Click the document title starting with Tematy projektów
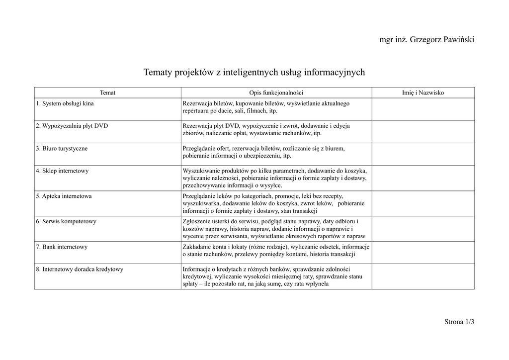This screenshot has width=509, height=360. [x=254, y=73]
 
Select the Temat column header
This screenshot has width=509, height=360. [x=107, y=93]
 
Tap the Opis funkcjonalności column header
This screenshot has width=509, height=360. [x=276, y=93]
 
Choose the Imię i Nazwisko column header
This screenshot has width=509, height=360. [x=423, y=93]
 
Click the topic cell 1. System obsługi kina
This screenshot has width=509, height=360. [x=65, y=104]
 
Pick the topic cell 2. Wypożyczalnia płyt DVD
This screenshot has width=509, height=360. [x=72, y=126]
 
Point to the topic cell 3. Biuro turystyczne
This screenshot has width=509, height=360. [x=62, y=149]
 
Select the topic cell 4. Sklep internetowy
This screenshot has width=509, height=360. [x=62, y=171]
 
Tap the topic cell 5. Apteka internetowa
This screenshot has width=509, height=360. [x=64, y=196]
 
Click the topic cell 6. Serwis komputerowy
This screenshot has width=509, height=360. [x=66, y=221]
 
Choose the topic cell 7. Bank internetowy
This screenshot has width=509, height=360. [x=62, y=247]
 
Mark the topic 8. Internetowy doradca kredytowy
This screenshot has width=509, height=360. [x=80, y=270]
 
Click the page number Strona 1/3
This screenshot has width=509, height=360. [x=459, y=322]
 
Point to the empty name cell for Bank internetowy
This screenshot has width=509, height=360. [x=423, y=253]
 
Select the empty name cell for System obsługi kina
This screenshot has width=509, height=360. [x=423, y=109]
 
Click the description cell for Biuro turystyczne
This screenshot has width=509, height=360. [x=276, y=152]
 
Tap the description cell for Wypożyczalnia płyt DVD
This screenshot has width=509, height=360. [x=276, y=130]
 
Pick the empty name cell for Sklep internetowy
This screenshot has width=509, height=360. [x=423, y=178]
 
